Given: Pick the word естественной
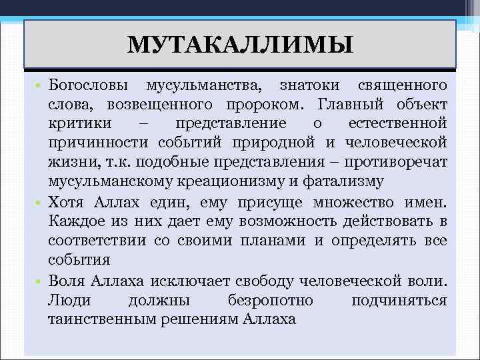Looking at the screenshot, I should pyautogui.click(x=397, y=124).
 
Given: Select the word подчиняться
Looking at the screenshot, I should pyautogui.click(x=399, y=300).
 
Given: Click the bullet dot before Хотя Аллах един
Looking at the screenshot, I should pyautogui.click(x=40, y=201).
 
